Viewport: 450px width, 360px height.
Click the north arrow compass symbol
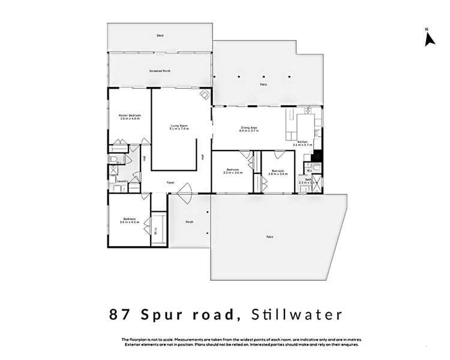428,38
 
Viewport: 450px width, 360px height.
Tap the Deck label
160,36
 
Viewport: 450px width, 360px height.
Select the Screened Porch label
160,71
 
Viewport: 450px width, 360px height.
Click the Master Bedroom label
130,115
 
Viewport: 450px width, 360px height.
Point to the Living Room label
179,126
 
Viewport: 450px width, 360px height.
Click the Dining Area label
249,128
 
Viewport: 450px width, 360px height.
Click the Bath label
308,179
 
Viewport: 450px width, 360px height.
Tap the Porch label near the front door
189,222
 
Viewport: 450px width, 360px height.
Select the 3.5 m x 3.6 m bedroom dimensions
232,173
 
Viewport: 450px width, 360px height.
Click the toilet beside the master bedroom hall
113,160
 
